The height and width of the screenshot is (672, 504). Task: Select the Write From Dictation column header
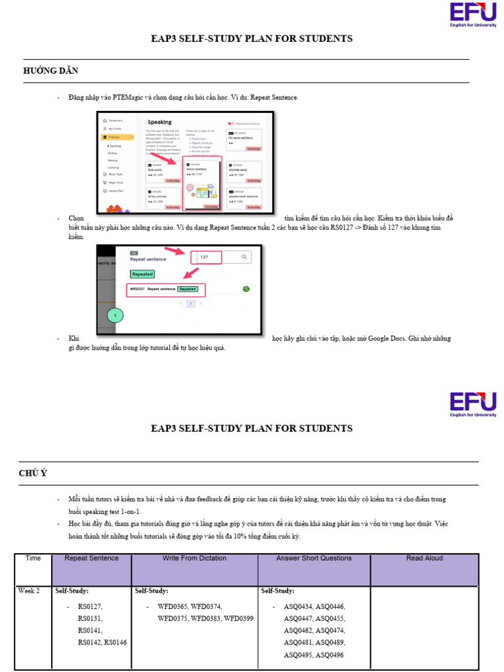coord(194,558)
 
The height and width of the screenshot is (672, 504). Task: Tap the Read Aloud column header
coord(425,558)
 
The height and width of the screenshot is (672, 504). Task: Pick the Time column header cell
coord(33,558)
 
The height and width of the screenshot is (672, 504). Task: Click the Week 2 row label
coord(29,591)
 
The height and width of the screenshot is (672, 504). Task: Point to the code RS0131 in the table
coord(90,618)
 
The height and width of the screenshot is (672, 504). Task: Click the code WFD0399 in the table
coord(238,618)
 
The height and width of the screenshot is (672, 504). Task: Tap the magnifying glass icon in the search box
coord(244,257)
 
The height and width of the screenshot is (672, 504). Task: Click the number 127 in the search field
coord(204,257)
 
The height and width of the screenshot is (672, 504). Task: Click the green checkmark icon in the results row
coord(245,289)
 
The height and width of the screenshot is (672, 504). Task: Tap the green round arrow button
coord(115,316)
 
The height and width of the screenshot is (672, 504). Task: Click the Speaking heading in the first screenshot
coord(159,122)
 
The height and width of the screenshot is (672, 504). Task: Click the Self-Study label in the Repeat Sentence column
coord(72,591)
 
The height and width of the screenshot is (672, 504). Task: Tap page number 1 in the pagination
coord(191,304)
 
